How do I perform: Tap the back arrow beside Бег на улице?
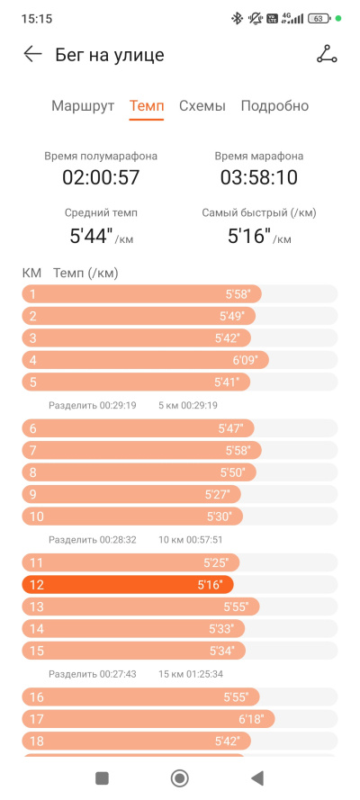coord(32,54)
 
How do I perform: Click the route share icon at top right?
coord(327,54)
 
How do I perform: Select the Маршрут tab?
coord(83,106)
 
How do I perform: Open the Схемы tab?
coord(202,106)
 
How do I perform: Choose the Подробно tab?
coord(274,106)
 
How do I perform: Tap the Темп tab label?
coord(147,106)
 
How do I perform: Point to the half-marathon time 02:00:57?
coord(101,177)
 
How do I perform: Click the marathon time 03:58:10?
coord(259,177)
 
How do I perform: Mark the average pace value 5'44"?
coord(91,236)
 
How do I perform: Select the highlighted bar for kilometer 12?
coord(128,585)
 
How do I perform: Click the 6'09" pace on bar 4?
coord(246,360)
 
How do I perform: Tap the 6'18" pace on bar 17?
coord(251,719)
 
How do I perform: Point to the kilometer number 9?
coord(33,494)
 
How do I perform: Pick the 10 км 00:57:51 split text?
coord(190,539)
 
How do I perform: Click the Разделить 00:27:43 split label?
coord(93,674)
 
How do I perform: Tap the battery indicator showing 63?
coord(319,19)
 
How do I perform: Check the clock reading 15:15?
coord(37,19)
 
